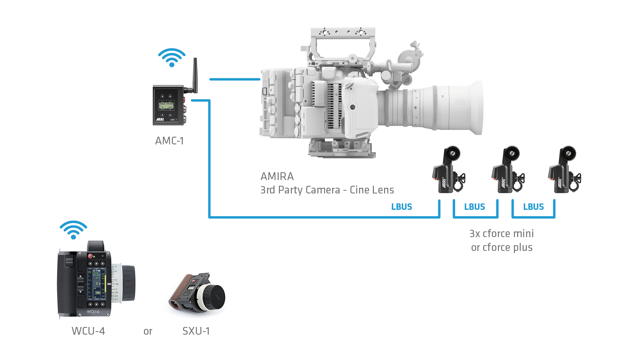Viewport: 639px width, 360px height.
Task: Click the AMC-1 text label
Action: (x=169, y=141)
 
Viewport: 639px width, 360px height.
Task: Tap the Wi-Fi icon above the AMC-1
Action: (x=172, y=57)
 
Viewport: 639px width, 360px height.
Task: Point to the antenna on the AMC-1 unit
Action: (x=195, y=75)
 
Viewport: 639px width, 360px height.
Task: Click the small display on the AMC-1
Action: (x=166, y=106)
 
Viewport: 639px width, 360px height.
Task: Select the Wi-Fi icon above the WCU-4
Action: (x=73, y=230)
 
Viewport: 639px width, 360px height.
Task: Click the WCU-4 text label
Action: (x=88, y=331)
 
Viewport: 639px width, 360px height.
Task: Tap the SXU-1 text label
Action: (x=196, y=331)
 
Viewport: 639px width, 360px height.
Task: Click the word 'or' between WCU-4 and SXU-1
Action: (x=148, y=331)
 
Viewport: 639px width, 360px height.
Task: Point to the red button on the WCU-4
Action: (x=90, y=256)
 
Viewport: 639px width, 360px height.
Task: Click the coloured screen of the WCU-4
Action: (x=97, y=282)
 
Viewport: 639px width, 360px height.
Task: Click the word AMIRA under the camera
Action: (x=277, y=176)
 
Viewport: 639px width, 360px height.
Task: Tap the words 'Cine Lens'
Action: (x=372, y=190)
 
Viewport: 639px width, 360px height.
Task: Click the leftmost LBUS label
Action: (x=401, y=207)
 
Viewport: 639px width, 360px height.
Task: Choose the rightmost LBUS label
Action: (x=534, y=207)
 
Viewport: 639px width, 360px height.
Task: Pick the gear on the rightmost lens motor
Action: (x=568, y=153)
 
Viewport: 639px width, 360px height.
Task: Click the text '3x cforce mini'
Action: (x=501, y=234)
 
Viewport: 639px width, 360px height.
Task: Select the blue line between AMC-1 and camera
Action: (x=235, y=79)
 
